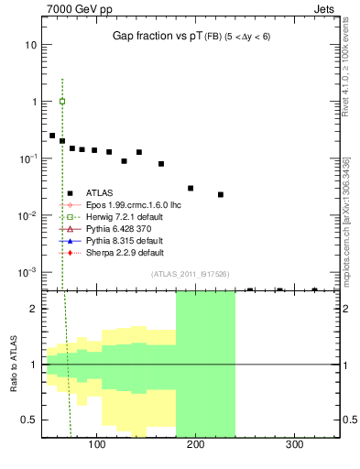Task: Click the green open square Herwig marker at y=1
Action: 62,102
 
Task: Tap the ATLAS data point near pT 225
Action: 221,194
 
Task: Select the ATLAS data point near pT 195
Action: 191,188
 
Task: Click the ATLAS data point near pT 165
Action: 161,164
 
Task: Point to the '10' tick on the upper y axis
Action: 31,45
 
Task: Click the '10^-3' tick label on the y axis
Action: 27,273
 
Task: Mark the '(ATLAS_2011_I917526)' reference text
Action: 190,274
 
